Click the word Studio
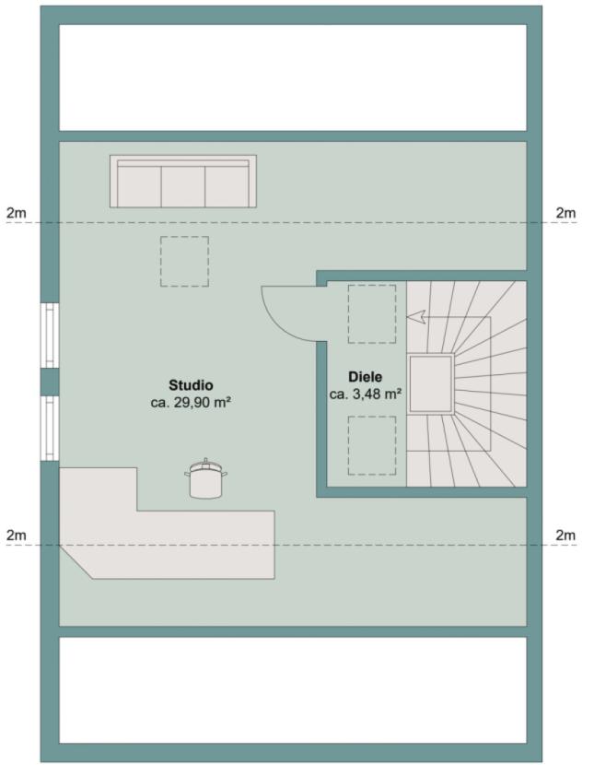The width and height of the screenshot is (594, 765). [191, 385]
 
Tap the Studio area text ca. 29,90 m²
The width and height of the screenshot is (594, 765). [191, 403]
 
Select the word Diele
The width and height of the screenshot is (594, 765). [365, 377]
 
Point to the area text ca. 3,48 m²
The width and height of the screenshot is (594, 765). [366, 394]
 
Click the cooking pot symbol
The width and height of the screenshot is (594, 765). [205, 479]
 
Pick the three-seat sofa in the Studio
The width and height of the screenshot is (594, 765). [183, 182]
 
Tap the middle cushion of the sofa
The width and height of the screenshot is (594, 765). [182, 186]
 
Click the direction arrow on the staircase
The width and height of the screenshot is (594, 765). [416, 317]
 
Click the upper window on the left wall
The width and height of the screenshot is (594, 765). [50, 335]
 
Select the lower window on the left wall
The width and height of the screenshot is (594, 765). [50, 429]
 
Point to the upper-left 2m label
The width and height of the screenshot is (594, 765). [17, 213]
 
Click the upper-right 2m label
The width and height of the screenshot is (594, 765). [565, 213]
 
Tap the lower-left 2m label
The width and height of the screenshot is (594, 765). [17, 535]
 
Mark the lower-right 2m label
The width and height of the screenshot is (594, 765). [565, 535]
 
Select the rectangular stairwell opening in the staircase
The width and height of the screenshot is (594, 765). [431, 384]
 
